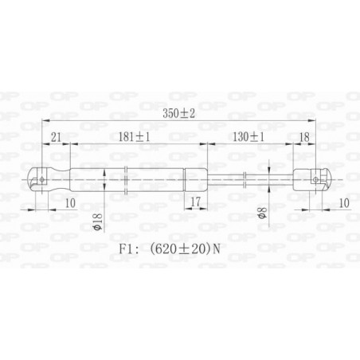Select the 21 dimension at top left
point(55,136)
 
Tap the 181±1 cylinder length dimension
point(135,136)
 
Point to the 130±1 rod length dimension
point(248,136)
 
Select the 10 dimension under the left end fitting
point(70,203)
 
